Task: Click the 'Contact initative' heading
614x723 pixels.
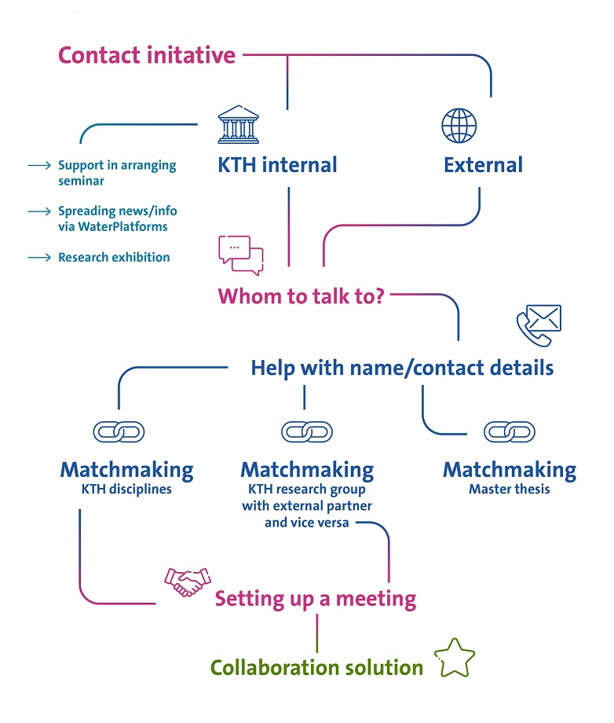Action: pyautogui.click(x=147, y=56)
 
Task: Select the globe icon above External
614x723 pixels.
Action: pyautogui.click(x=459, y=126)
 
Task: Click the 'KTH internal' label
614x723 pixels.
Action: pyautogui.click(x=277, y=165)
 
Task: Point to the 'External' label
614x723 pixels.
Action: pyautogui.click(x=483, y=165)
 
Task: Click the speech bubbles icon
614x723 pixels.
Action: pyautogui.click(x=240, y=255)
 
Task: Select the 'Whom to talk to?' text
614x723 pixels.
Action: pyautogui.click(x=301, y=296)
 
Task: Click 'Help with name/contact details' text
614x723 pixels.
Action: pyautogui.click(x=402, y=367)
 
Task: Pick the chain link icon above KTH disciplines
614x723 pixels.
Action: pyautogui.click(x=119, y=431)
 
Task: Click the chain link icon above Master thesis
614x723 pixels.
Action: pyautogui.click(x=510, y=431)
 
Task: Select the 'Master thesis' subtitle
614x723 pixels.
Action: pyautogui.click(x=510, y=490)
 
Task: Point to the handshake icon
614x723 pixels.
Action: pyautogui.click(x=187, y=582)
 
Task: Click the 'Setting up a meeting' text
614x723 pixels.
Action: pyautogui.click(x=316, y=599)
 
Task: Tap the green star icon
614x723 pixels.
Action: pyautogui.click(x=455, y=658)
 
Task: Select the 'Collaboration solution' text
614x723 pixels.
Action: pyautogui.click(x=316, y=667)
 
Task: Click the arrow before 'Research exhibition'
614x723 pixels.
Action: pyautogui.click(x=38, y=257)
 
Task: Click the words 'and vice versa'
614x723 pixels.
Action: pyautogui.click(x=306, y=522)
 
